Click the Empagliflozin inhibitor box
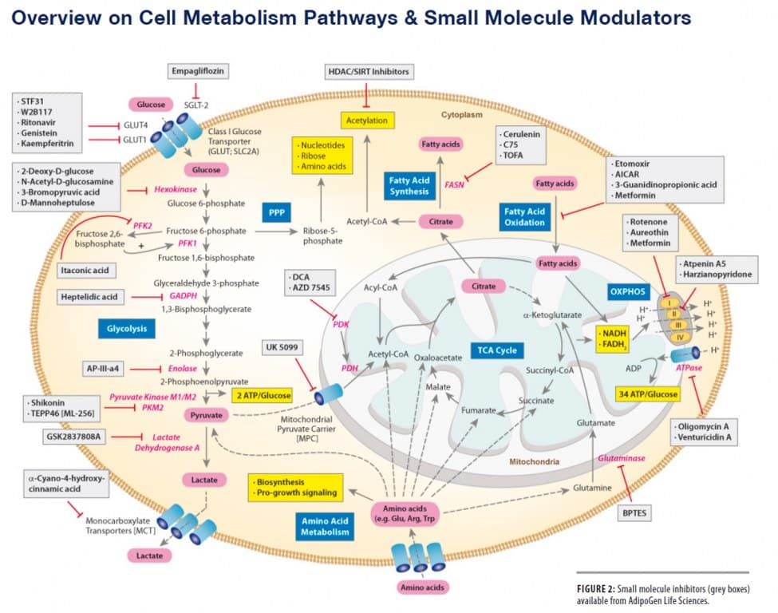(x=199, y=71)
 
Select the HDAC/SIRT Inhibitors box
(x=369, y=72)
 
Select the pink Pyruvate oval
(x=207, y=415)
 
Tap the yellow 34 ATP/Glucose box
(x=647, y=394)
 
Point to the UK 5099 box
(x=284, y=346)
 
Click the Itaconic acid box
(x=88, y=270)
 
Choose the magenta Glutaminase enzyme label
(x=621, y=458)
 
